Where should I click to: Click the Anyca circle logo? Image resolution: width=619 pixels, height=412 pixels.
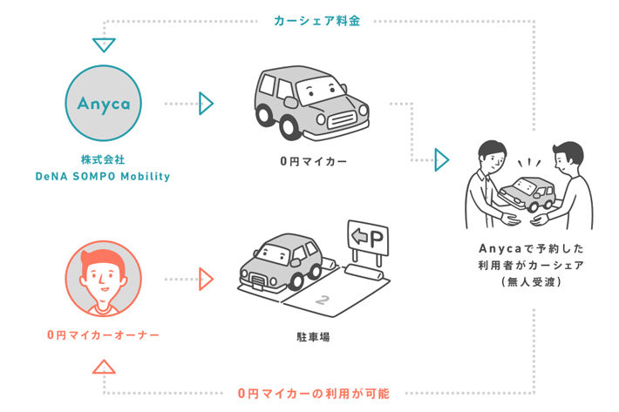click(103, 104)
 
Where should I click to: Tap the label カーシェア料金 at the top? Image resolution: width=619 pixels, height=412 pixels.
click(316, 20)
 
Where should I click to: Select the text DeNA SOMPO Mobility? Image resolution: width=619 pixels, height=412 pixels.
click(103, 176)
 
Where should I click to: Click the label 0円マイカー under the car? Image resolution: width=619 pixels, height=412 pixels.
click(313, 162)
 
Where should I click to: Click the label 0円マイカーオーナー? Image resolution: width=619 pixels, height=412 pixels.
click(103, 334)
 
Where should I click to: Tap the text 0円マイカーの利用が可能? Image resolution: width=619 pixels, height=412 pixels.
click(313, 394)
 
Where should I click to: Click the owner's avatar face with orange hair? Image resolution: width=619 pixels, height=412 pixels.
click(103, 279)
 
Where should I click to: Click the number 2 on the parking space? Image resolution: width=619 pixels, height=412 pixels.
click(324, 301)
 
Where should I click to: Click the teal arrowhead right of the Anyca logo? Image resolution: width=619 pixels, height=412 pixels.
click(206, 103)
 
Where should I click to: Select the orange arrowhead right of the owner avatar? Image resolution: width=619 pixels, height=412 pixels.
click(206, 279)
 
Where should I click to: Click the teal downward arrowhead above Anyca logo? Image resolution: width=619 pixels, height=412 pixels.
click(104, 44)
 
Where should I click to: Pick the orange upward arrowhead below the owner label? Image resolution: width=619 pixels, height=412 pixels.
click(104, 367)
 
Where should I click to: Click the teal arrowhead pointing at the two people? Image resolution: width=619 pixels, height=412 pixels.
click(442, 159)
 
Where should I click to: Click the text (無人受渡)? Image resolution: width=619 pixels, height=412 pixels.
click(530, 281)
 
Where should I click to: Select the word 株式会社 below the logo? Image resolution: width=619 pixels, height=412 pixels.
click(103, 159)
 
